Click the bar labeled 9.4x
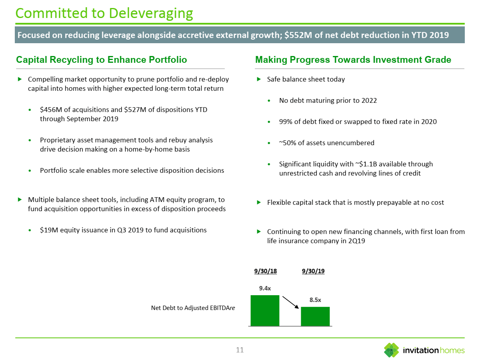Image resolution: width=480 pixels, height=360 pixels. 265,310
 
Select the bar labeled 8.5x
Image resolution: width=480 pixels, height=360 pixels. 315,316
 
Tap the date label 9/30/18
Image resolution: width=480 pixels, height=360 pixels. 266,271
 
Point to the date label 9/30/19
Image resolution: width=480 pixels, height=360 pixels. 313,271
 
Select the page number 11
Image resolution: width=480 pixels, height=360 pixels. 240,350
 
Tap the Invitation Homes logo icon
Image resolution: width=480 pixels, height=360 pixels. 391,350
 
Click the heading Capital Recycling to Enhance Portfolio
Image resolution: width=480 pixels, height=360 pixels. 102,60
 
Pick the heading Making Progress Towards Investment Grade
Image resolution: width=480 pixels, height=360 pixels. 353,60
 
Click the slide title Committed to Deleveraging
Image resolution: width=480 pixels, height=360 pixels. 104,13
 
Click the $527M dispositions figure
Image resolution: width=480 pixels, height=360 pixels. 134,110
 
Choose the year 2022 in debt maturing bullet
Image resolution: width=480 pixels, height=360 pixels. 368,100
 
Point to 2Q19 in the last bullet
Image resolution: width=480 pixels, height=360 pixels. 356,241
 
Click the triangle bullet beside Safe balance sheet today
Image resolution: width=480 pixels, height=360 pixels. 259,79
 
